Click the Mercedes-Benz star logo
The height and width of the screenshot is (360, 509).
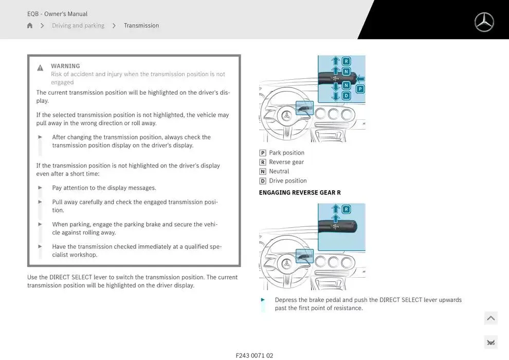pos(484,22)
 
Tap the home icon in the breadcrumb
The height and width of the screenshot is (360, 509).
pos(30,26)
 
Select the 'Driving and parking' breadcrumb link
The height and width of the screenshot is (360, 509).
pos(78,26)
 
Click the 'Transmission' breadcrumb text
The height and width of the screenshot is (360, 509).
pos(141,26)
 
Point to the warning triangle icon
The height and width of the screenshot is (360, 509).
pos(40,68)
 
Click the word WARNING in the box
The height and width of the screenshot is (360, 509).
pos(65,66)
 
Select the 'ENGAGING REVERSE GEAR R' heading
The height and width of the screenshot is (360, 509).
pos(300,192)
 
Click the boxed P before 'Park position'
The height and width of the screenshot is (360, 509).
pos(263,153)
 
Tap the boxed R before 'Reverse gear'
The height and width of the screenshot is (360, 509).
pos(263,162)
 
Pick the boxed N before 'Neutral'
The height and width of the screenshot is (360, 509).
pos(263,171)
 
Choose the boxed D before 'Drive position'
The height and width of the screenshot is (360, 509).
pos(263,181)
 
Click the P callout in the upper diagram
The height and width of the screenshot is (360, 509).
pos(360,89)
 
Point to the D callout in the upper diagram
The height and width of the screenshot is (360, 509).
pos(346,96)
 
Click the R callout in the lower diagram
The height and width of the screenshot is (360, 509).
pos(346,209)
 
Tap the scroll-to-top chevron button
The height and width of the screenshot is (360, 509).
pos(490,318)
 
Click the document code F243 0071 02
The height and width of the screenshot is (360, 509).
pos(254,355)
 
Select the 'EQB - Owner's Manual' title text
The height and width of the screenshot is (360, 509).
pos(57,14)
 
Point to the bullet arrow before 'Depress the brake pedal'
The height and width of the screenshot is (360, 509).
pos(263,300)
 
